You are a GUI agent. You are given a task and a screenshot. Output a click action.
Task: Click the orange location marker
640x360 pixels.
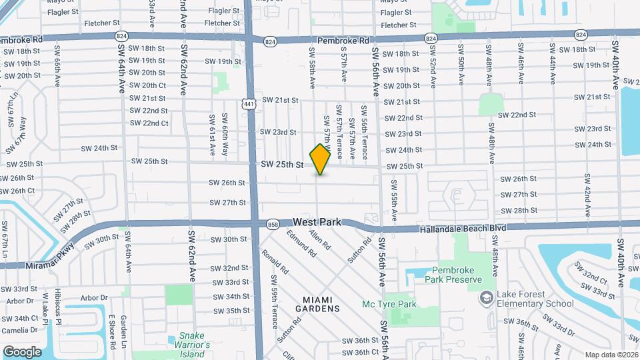coord(321,159)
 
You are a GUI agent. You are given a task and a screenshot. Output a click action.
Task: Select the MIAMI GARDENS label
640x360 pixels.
coord(317,304)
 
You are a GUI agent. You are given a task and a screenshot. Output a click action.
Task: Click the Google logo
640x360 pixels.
coord(22,351)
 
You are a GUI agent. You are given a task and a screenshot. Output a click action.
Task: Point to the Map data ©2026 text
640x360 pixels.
coord(611,355)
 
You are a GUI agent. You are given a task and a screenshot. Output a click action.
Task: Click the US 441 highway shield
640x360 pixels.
coord(248,103)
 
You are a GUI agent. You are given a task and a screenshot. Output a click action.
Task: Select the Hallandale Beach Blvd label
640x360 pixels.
coord(463,228)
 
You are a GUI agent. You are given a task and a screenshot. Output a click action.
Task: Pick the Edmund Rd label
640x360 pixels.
coord(301,244)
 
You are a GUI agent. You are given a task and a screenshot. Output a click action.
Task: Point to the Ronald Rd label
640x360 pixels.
coord(274,262)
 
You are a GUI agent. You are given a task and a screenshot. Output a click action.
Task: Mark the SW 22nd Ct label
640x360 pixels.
coord(149,123)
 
